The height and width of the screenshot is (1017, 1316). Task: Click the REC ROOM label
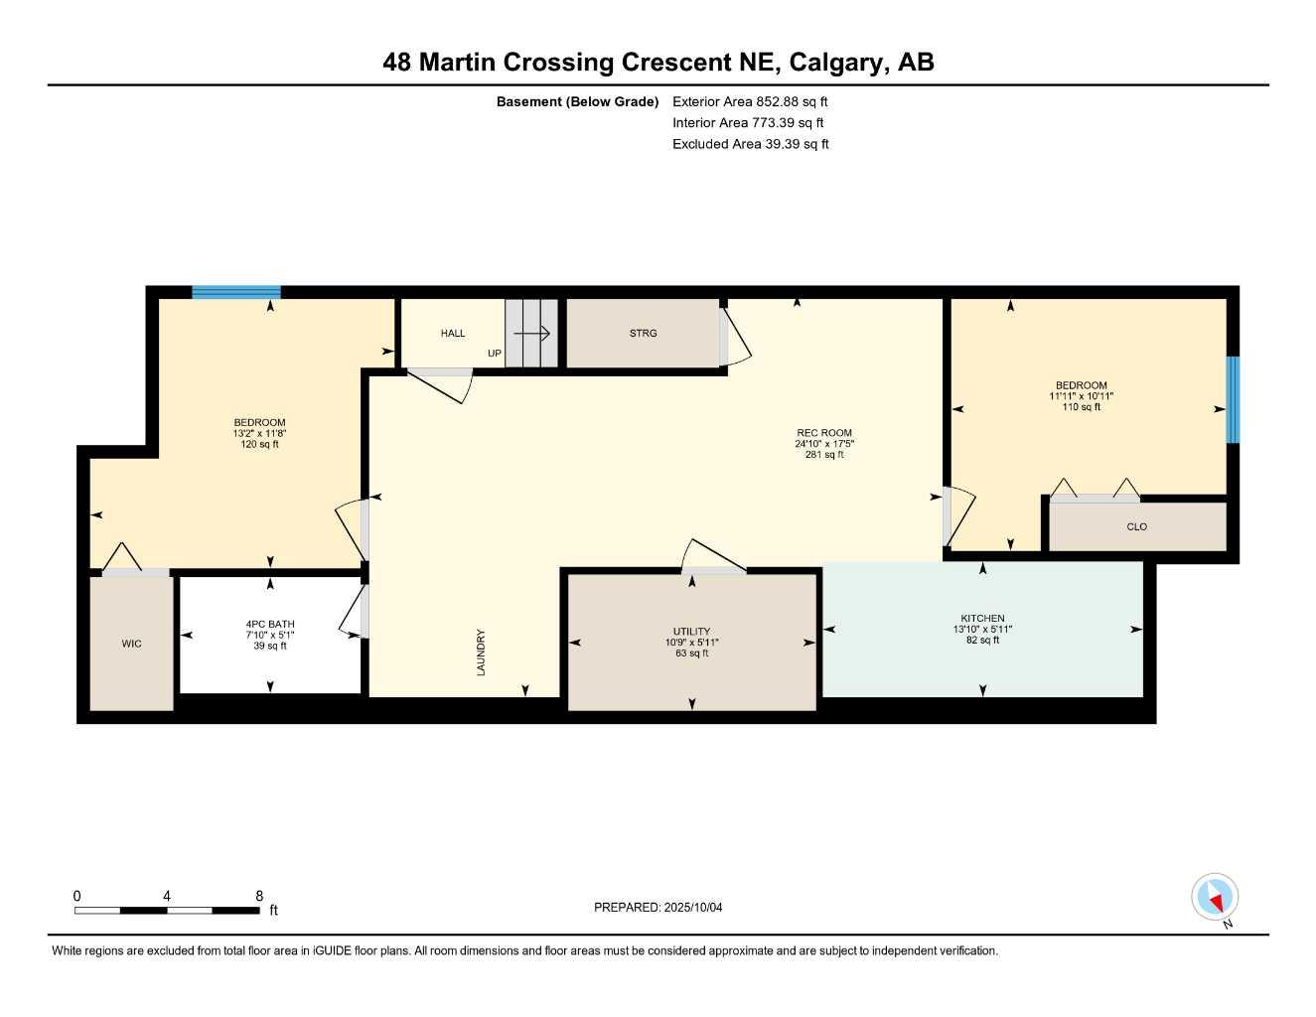(824, 433)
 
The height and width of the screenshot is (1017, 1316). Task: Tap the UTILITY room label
(691, 632)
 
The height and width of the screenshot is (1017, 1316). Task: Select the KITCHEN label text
(982, 619)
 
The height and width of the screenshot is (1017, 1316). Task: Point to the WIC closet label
(131, 644)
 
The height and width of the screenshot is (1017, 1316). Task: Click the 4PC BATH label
(270, 625)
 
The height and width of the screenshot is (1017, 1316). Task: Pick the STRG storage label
(643, 334)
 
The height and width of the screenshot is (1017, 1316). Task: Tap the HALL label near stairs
(453, 334)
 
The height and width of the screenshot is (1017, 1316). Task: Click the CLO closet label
(1136, 527)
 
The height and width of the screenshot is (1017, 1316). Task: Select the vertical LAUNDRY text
(482, 653)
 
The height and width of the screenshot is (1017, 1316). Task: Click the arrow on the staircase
(532, 334)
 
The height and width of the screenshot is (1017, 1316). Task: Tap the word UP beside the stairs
(495, 354)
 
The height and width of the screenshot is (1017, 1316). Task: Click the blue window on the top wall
(236, 292)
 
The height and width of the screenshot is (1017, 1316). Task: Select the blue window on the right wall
(1233, 399)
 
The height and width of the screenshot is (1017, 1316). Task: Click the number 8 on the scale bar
(258, 896)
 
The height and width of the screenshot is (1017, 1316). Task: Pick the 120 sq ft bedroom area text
(259, 445)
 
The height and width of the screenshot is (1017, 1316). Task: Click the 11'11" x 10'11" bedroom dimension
(1081, 396)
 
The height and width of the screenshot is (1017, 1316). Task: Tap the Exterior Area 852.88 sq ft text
(750, 101)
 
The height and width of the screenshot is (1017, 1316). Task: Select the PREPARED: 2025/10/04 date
(658, 907)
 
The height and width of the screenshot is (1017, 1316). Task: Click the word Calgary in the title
(835, 63)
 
